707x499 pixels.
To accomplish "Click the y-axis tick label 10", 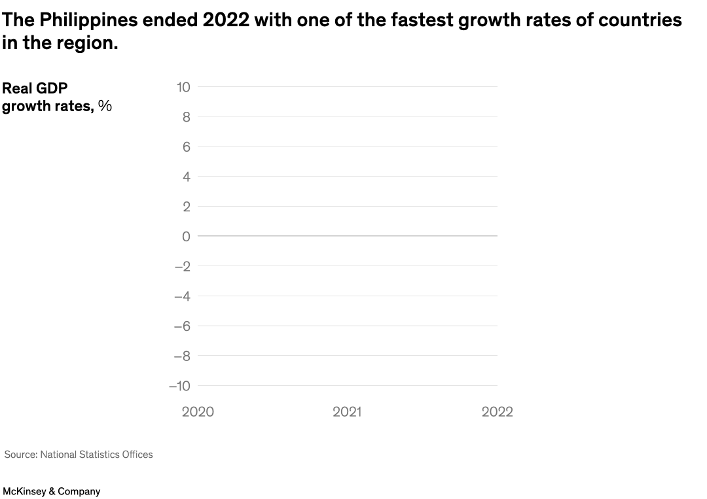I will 183,87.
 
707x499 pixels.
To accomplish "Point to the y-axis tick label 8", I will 186,117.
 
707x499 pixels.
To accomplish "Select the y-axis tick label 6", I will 186,147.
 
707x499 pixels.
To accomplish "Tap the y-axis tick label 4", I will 186,177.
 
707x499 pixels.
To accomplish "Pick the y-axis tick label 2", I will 186,207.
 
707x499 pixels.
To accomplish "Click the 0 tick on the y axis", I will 186,236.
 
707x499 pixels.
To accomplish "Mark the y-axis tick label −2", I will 182,266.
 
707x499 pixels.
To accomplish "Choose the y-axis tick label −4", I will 182,296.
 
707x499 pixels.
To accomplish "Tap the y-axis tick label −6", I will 182,326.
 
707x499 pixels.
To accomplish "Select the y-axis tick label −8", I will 182,356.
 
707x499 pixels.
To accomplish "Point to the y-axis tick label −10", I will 179,386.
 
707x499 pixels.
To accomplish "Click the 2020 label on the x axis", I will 198,412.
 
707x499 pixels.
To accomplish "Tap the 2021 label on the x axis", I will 347,412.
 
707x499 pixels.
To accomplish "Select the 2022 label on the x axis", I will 497,412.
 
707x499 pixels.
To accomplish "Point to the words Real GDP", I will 35,88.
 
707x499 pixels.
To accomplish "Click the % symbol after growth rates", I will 105,106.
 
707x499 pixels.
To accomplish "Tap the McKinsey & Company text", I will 52,491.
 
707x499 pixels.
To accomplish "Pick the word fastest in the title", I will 422,21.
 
